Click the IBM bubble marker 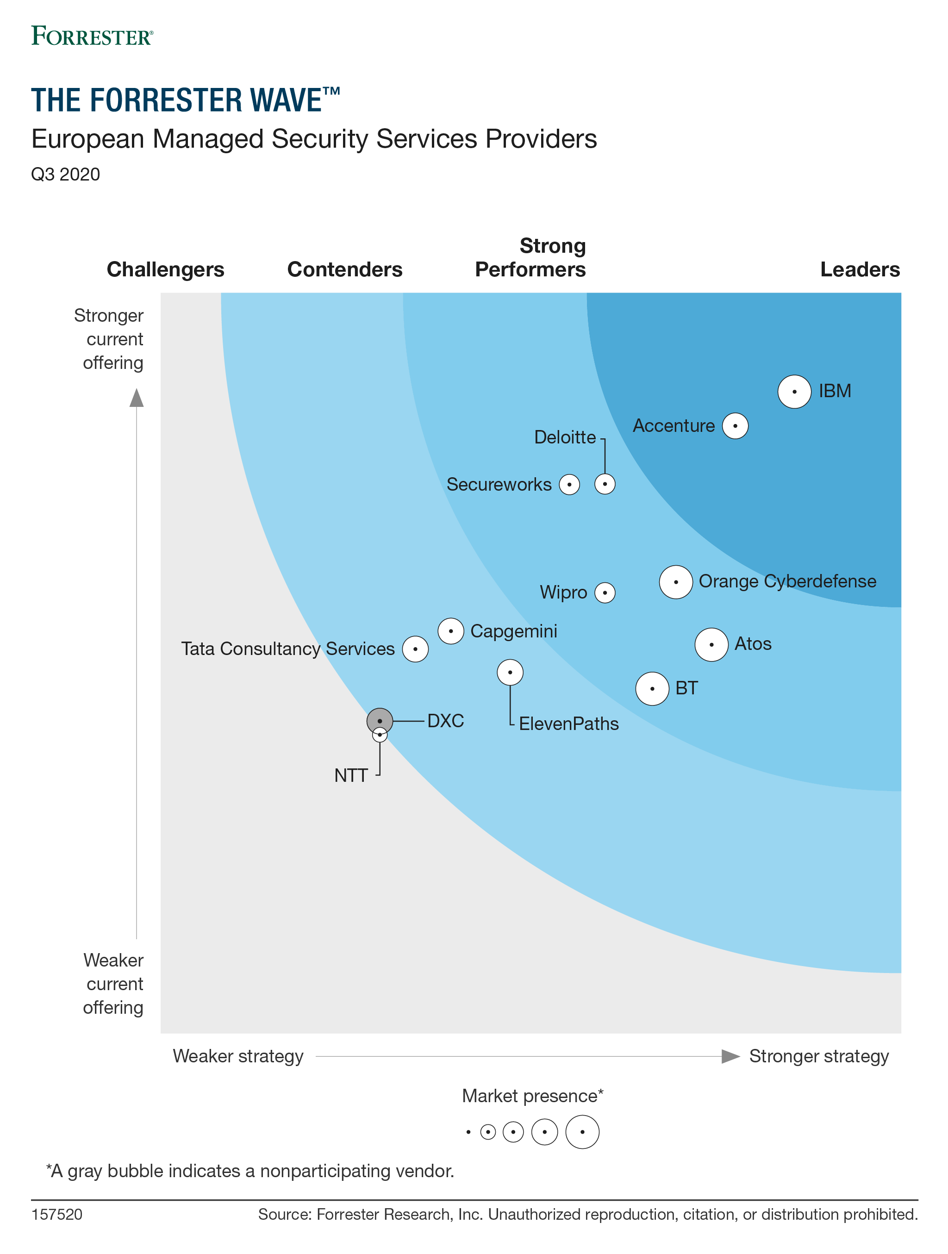pyautogui.click(x=794, y=392)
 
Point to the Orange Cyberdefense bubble pyautogui.click(x=675, y=582)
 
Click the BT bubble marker pyautogui.click(x=652, y=689)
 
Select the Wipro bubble pyautogui.click(x=605, y=593)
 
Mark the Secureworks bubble pyautogui.click(x=569, y=485)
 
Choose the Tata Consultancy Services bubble pyautogui.click(x=415, y=649)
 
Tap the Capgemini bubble pyautogui.click(x=451, y=631)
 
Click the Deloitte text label pyautogui.click(x=565, y=437)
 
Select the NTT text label pyautogui.click(x=351, y=775)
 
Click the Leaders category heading pyautogui.click(x=860, y=270)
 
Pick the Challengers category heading pyautogui.click(x=166, y=270)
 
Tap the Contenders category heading pyautogui.click(x=345, y=270)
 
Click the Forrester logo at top pyautogui.click(x=92, y=36)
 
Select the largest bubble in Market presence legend pyautogui.click(x=582, y=1132)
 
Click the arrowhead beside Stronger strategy pyautogui.click(x=730, y=1056)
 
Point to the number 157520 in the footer pyautogui.click(x=56, y=1215)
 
